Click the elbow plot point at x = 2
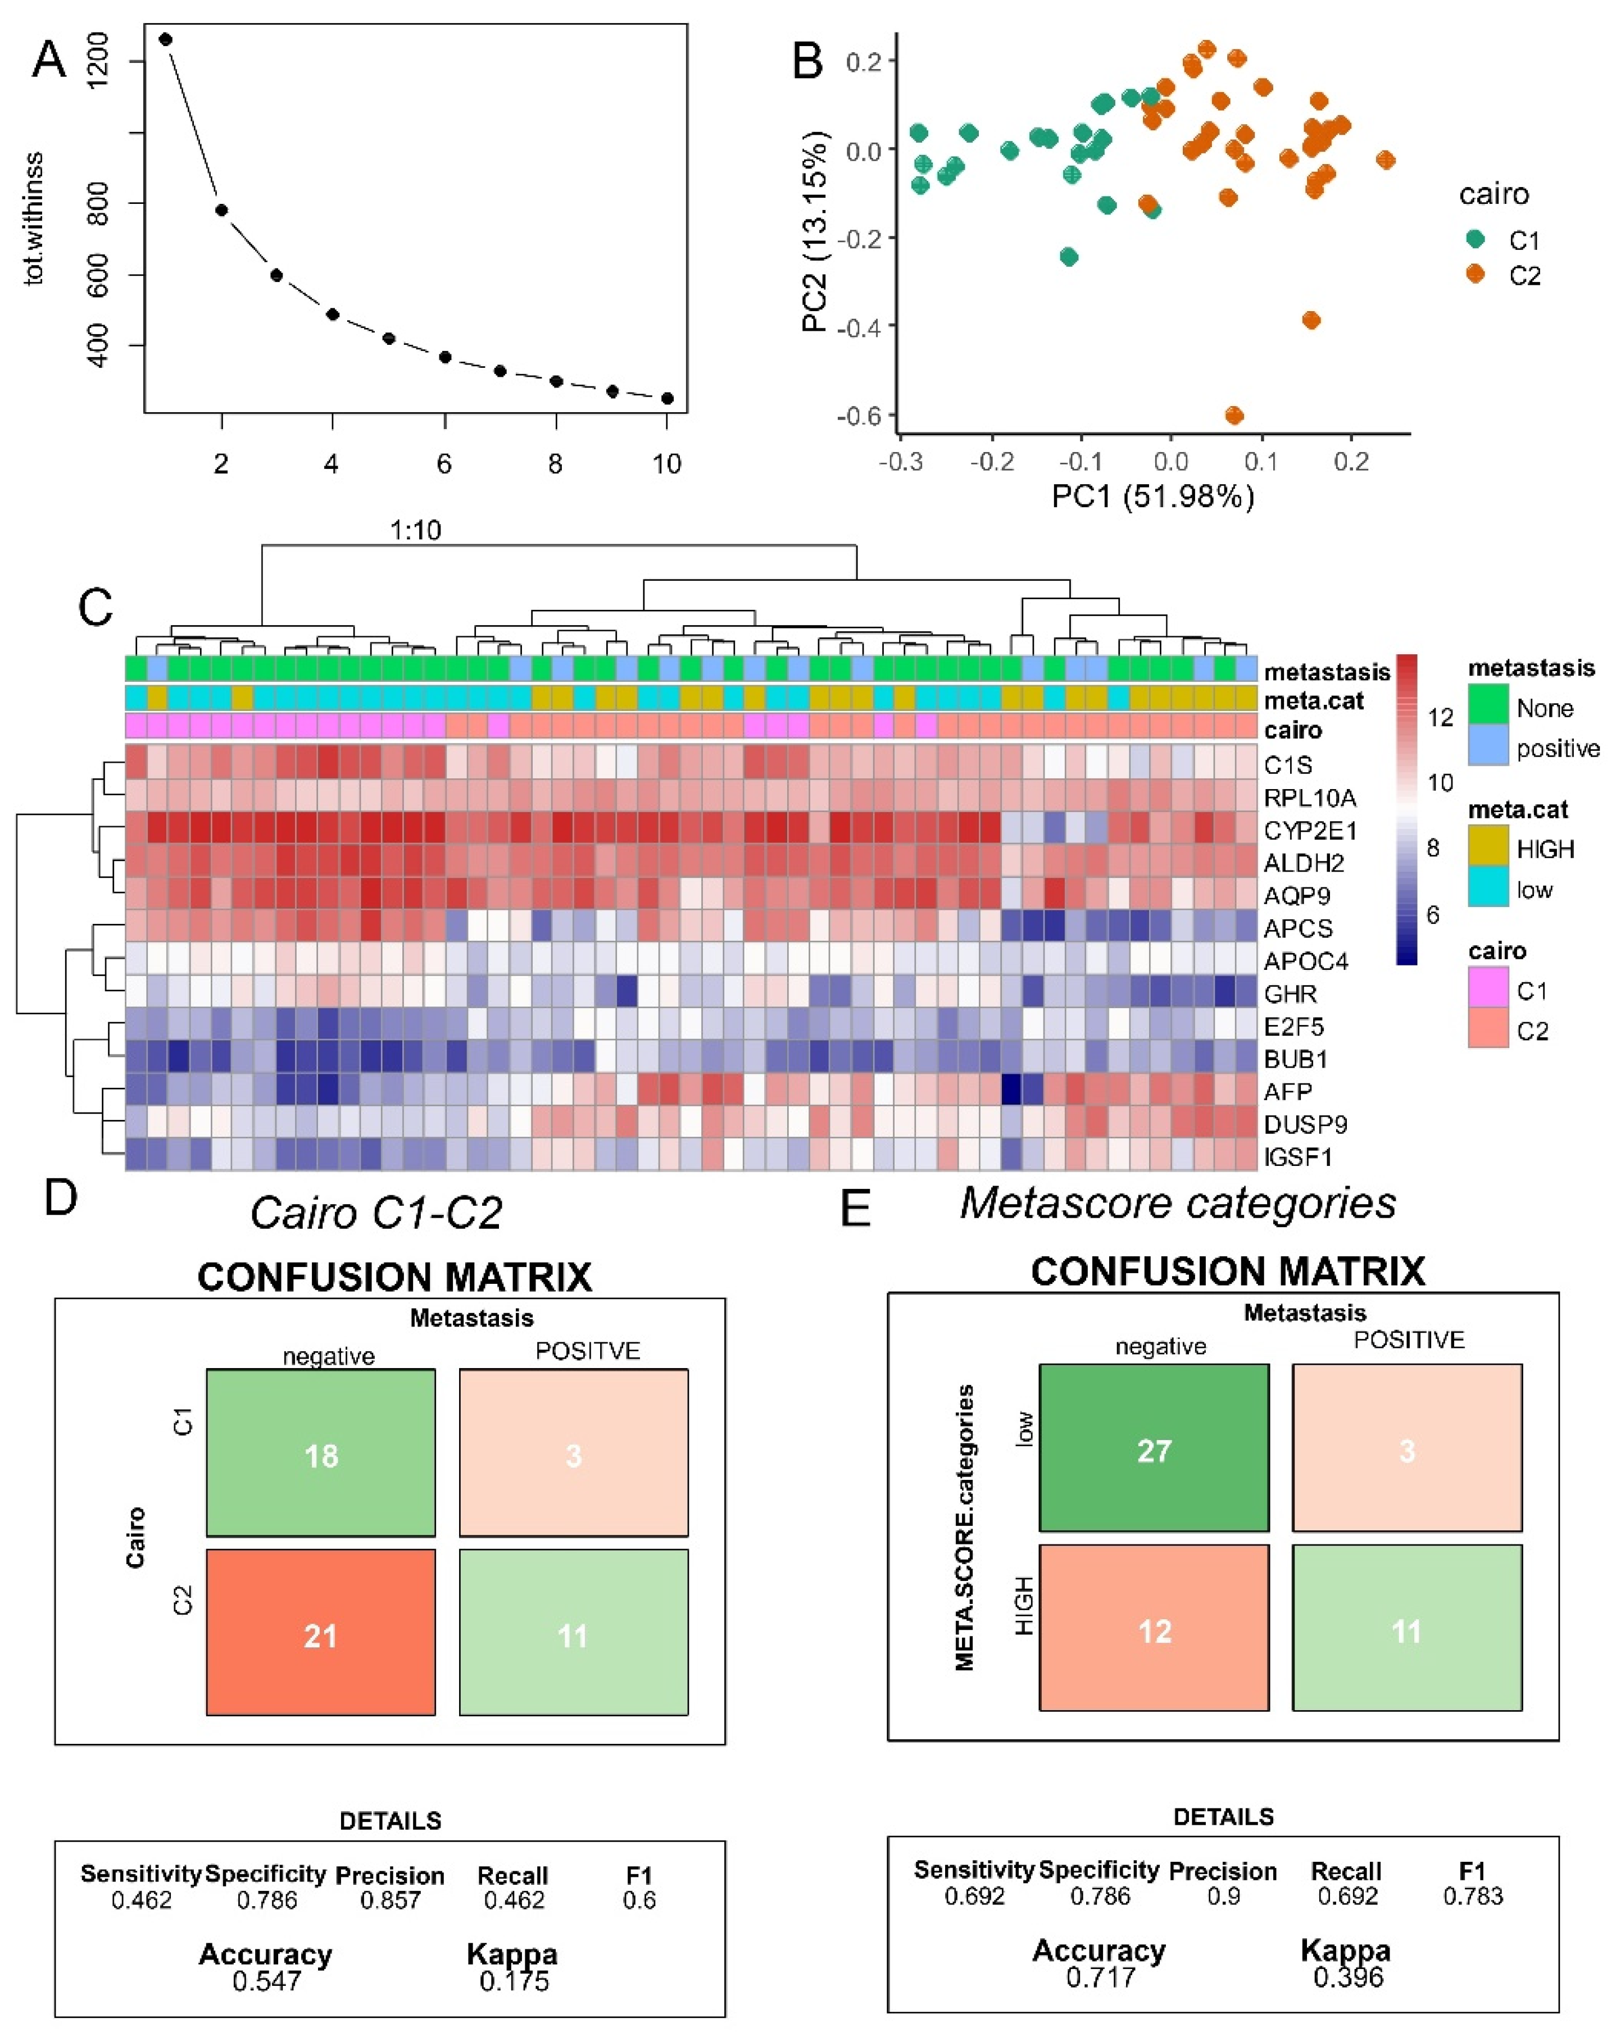(221, 209)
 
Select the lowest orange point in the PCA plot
(1233, 415)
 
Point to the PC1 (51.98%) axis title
(1153, 495)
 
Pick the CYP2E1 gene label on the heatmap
(1310, 831)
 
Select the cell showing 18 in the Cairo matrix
(320, 1455)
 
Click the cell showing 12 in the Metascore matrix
(1154, 1631)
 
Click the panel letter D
(61, 1197)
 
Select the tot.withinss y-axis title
(35, 218)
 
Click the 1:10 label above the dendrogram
(416, 530)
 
